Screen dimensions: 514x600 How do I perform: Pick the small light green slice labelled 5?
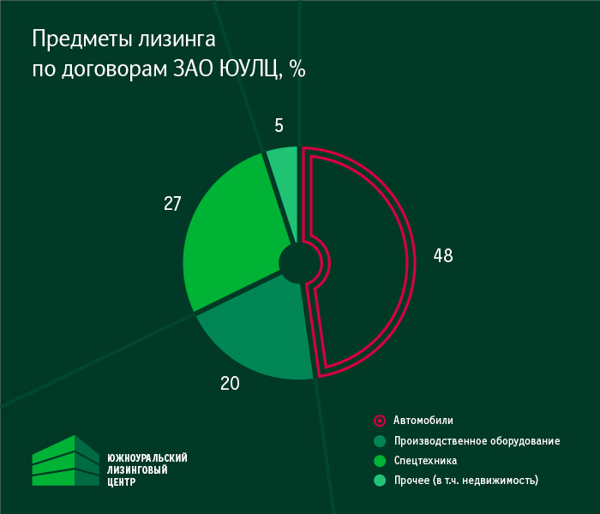click(284, 171)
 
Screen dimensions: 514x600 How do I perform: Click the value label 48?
click(442, 255)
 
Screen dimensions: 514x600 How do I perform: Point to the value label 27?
click(172, 204)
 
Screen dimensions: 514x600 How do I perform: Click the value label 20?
click(230, 384)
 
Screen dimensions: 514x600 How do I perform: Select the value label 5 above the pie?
click(279, 126)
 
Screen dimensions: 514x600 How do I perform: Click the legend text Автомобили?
click(423, 421)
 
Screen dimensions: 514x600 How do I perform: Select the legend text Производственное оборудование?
click(477, 441)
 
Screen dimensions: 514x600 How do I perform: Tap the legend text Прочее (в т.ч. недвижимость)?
click(465, 481)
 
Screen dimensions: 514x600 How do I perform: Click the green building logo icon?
click(66, 461)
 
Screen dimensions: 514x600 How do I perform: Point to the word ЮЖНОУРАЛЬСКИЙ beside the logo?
click(147, 458)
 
